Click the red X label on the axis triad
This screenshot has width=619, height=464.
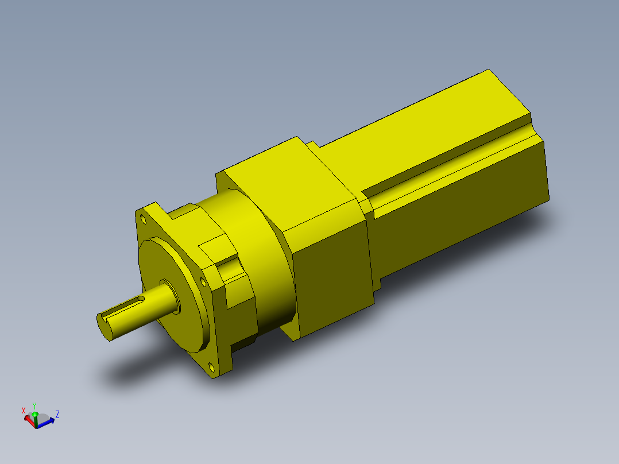point(24,411)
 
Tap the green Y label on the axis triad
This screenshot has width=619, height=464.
point(34,406)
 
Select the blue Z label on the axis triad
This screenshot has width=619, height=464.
point(57,414)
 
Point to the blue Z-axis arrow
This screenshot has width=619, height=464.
point(46,423)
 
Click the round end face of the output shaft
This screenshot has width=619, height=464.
point(104,327)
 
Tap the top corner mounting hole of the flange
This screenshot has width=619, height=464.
point(143,219)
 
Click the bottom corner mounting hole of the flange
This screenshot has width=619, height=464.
point(211,368)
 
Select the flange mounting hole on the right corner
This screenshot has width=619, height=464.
point(203,281)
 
